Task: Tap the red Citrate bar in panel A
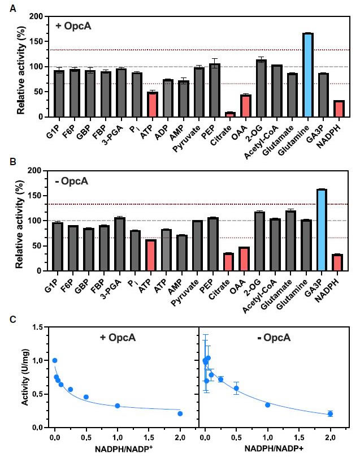click(x=229, y=114)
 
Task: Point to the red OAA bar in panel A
click(x=245, y=106)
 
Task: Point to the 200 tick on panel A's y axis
click(x=38, y=17)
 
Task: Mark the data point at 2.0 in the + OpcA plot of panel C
click(x=180, y=413)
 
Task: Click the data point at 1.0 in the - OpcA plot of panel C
click(x=267, y=404)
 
